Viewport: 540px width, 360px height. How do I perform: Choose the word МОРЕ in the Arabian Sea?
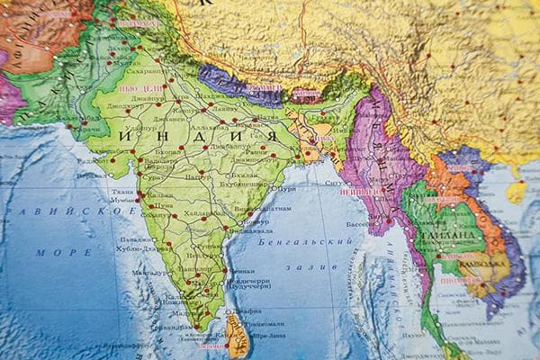tap(63, 252)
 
